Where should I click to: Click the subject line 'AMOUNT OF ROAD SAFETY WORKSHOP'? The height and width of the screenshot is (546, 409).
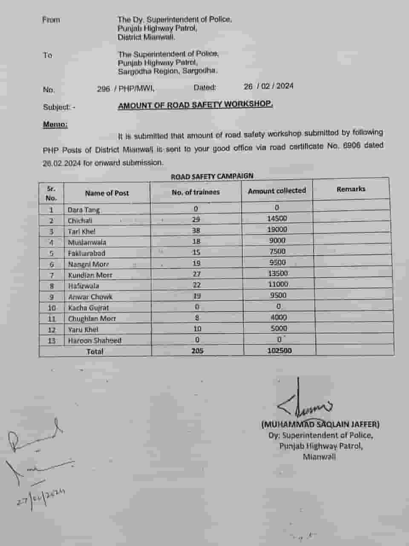195,105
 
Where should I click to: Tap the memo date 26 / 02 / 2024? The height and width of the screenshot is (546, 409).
268,86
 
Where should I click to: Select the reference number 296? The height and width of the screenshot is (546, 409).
103,89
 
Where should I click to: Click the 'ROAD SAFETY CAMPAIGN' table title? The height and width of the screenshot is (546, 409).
212,176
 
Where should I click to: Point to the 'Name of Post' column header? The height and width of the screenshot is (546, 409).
107,193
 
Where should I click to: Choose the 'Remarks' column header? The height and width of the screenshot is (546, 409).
351,189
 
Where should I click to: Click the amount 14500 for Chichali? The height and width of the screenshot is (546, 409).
277,218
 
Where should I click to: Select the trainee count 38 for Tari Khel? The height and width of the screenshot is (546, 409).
196,230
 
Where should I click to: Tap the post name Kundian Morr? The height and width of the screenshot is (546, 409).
90,275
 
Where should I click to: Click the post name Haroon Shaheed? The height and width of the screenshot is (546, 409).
95,340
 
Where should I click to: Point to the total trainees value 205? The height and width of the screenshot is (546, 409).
197,351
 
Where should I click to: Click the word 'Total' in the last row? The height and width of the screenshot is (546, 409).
95,351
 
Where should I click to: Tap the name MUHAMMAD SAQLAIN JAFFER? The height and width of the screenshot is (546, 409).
320,424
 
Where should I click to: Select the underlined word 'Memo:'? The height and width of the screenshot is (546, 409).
55,124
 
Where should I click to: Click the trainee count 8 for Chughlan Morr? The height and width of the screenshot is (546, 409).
197,318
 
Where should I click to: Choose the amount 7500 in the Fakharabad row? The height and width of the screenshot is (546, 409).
277,251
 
